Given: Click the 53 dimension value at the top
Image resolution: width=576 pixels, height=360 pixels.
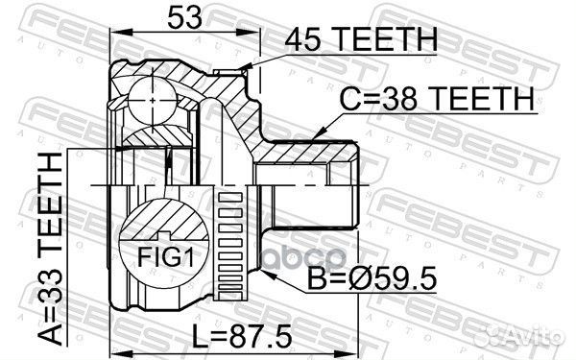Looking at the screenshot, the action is click(184, 17).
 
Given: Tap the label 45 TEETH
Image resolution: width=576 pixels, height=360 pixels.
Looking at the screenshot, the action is click(361, 39).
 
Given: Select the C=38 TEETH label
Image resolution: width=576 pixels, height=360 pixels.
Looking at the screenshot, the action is click(437, 99).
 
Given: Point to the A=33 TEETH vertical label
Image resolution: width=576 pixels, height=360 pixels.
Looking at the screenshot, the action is click(51, 249).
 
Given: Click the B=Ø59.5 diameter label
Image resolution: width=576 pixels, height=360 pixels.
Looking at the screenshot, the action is click(372, 278).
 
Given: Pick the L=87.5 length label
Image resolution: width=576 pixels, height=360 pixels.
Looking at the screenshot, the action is click(242, 336).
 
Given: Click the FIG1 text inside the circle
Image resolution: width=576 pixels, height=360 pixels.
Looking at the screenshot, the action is click(165, 257).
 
